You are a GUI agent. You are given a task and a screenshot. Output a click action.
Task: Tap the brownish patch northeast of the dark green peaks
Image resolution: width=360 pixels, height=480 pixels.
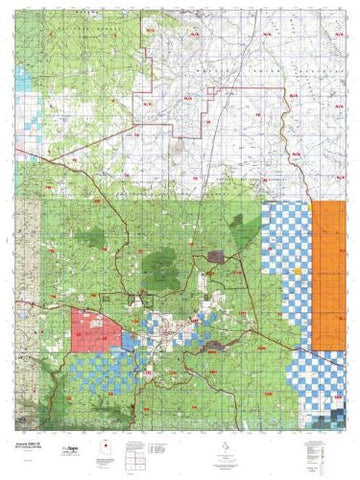(214, 258)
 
